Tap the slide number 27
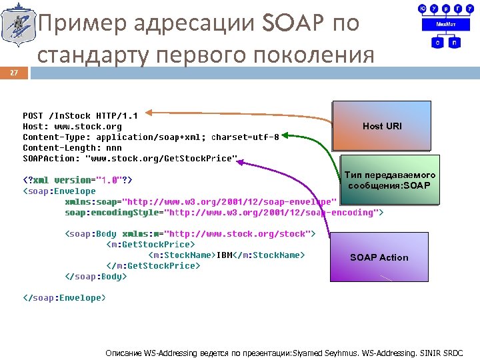click(x=14, y=73)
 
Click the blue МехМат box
click(x=445, y=23)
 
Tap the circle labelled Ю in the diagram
click(x=423, y=8)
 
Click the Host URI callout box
click(x=382, y=125)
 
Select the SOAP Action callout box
click(x=379, y=257)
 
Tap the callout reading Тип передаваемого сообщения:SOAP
click(x=389, y=179)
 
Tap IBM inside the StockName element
click(x=223, y=255)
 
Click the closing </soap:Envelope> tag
click(x=64, y=297)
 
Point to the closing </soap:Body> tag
click(x=95, y=276)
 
